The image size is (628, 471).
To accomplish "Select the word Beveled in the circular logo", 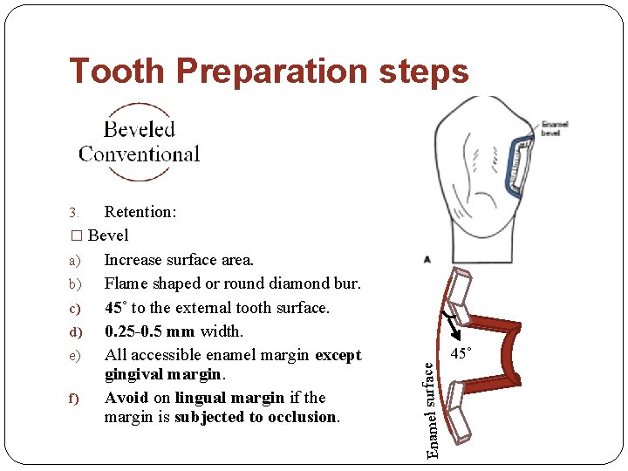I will pos(140,130).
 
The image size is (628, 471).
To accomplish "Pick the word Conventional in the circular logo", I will pos(140,154).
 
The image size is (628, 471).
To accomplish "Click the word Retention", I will pos(140,212).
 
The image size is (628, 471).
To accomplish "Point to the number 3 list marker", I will pos(74,213).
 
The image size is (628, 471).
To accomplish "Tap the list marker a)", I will pos(74,260).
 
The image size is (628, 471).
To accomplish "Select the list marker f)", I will pos(74,399).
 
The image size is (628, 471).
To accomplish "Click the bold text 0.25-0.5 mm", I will pos(149,331).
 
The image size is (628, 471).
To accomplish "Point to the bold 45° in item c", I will pos(114,308).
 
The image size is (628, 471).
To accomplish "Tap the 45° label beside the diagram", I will pos(461,353).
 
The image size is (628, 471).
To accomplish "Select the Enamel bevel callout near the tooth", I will pos(554,127).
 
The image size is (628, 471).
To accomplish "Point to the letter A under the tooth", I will pos(427,259).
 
